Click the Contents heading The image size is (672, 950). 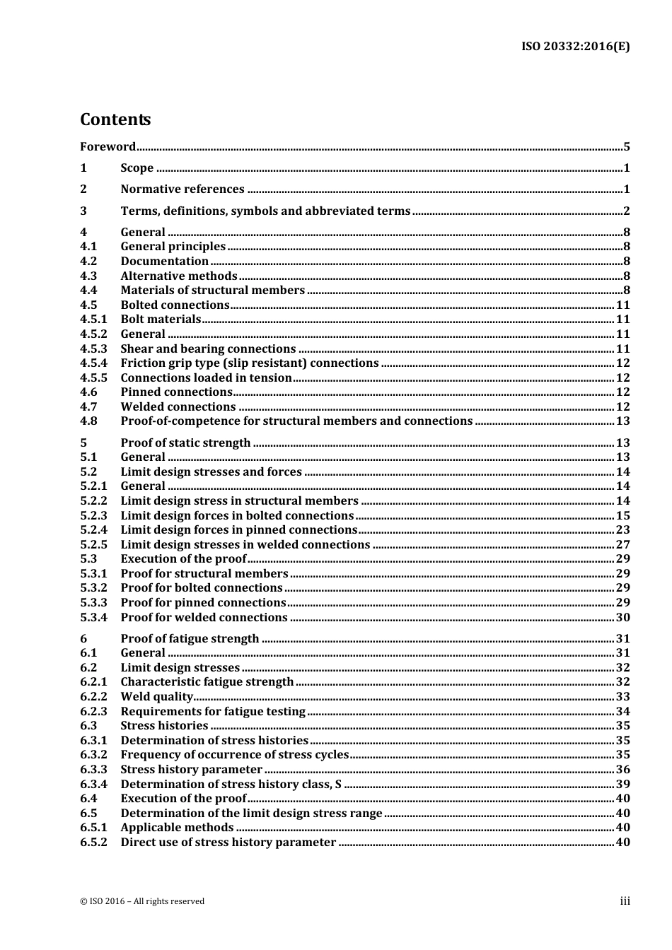click(x=115, y=119)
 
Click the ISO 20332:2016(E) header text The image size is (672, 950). click(x=575, y=47)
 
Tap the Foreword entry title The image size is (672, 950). click(x=108, y=147)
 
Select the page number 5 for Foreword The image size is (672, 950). click(x=626, y=147)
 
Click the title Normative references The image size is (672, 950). click(x=182, y=189)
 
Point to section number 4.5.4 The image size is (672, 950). click(x=93, y=363)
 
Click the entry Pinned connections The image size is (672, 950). click(x=176, y=392)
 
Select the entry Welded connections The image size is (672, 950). click(x=178, y=406)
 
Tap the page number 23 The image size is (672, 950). click(x=622, y=529)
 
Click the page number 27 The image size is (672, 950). click(x=622, y=544)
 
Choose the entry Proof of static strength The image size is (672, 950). click(x=185, y=442)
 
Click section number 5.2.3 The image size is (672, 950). click(x=93, y=515)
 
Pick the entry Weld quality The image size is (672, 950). click(x=156, y=696)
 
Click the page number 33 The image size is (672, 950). click(x=622, y=696)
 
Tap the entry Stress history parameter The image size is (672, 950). click(x=191, y=769)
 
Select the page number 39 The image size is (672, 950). click(x=622, y=784)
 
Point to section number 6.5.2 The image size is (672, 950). click(x=93, y=842)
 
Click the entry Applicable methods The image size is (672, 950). click(x=177, y=827)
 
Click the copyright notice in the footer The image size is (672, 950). click(x=142, y=901)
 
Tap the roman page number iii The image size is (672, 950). click(x=625, y=901)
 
